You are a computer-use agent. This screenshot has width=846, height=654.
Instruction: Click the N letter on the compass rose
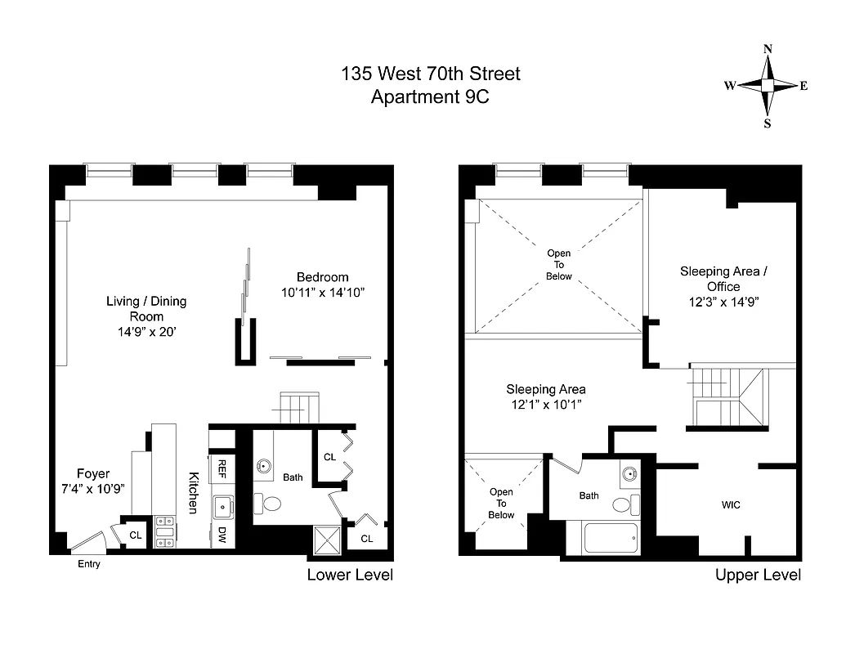(768, 49)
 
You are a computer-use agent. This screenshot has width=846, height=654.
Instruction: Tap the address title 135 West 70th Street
(430, 74)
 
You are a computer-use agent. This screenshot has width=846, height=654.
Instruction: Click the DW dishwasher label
(222, 535)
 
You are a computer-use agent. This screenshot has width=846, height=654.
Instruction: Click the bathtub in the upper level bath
(611, 538)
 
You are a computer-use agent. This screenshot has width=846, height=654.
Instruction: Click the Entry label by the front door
(88, 564)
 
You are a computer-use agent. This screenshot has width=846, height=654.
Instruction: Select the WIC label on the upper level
(731, 505)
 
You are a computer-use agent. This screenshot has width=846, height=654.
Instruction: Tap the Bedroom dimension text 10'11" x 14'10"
(323, 292)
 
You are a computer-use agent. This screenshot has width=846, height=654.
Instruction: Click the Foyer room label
(93, 474)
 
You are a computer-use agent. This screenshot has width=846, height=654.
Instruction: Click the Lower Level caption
(350, 575)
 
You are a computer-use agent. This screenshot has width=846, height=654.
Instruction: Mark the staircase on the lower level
(295, 407)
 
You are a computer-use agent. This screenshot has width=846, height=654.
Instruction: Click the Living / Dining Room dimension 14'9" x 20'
(146, 332)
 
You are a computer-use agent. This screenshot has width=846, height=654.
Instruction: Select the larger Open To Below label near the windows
(559, 265)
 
